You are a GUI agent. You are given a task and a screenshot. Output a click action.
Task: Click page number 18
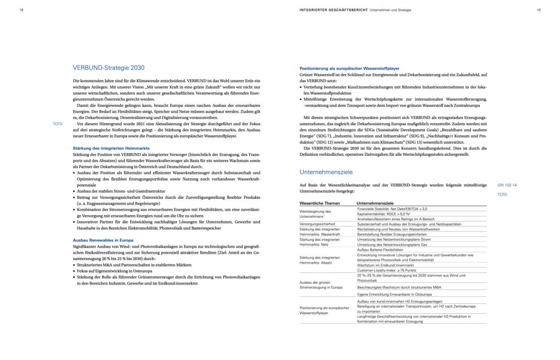coord(21,10)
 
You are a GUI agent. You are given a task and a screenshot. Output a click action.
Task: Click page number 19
coord(538,10)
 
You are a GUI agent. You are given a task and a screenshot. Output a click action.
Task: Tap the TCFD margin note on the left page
coord(57,124)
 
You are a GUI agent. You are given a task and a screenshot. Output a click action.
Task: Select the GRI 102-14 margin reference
coord(507,185)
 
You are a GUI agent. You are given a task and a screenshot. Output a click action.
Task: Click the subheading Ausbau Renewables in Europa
coord(103,240)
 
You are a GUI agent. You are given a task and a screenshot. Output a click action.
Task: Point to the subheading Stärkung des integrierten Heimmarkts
coord(111,148)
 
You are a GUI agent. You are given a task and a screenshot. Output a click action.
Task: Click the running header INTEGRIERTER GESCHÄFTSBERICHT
coord(334,10)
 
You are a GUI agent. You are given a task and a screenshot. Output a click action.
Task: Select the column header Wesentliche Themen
coord(320,203)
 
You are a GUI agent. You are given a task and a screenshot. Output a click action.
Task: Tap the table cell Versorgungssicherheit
coord(318,224)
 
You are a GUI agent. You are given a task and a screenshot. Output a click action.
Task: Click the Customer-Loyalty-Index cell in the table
coord(386,270)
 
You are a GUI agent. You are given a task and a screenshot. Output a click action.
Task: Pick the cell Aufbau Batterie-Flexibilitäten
coord(380,250)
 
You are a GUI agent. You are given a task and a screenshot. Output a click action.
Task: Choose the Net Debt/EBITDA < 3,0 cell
coord(392,209)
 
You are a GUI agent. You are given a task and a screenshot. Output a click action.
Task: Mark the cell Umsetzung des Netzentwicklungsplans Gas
coord(392,245)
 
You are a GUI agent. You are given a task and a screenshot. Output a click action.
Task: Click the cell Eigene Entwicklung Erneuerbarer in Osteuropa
coord(394,294)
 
